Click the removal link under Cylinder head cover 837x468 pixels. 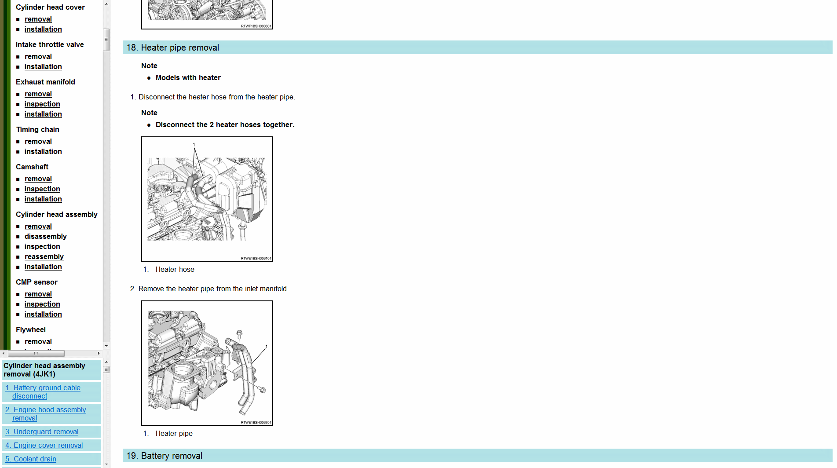tap(38, 19)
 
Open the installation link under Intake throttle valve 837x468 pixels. tap(43, 67)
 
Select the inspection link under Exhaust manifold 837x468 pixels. tap(42, 104)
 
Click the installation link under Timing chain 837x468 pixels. tap(43, 152)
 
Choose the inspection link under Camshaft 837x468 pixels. tap(42, 189)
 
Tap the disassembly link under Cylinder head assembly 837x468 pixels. tap(46, 237)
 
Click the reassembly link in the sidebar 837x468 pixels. tap(44, 257)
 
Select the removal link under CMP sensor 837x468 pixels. tap(38, 294)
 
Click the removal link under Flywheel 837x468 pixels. tap(38, 342)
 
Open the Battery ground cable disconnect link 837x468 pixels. tap(43, 392)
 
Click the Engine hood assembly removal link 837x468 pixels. tap(46, 414)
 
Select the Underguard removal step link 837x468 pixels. tap(42, 432)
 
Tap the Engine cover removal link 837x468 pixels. tap(44, 446)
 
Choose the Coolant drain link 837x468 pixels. tap(31, 459)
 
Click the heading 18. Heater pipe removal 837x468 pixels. tap(173, 48)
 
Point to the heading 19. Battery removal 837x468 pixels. tap(164, 456)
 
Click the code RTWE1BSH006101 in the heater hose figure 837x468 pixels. tap(256, 259)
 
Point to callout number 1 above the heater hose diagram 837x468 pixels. tap(194, 145)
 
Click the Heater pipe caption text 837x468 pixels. tap(174, 434)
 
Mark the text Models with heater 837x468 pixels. tap(188, 78)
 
